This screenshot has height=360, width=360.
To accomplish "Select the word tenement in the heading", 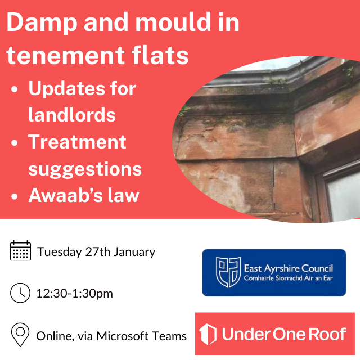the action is [65, 56].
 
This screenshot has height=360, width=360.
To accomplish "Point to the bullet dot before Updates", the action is [15, 89].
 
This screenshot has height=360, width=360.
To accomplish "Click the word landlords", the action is [72, 114].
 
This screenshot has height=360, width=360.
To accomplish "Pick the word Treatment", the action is [77, 141].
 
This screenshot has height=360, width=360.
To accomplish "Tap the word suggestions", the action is [85, 169].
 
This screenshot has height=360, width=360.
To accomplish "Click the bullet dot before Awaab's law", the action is [15, 196].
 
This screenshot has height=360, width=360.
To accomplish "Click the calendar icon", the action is [20, 250].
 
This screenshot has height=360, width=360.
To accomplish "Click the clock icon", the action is [20, 292].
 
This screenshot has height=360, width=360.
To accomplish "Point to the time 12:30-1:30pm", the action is [75, 294].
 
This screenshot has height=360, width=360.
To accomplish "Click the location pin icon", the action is [20, 335].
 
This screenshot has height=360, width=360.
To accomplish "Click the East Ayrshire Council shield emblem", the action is [228, 272].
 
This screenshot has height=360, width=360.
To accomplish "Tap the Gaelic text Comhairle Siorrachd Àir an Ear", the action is [288, 278].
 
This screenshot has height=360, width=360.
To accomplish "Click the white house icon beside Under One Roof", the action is [208, 334].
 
